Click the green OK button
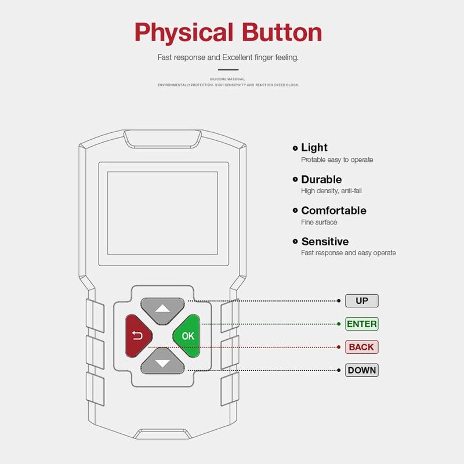click(x=187, y=335)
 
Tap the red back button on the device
click(x=137, y=335)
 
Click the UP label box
click(x=361, y=300)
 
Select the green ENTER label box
click(x=361, y=324)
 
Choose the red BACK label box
click(x=361, y=347)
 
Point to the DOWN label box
click(x=361, y=370)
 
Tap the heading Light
click(x=314, y=148)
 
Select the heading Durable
click(x=321, y=179)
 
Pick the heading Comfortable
click(x=333, y=211)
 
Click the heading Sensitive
click(x=325, y=242)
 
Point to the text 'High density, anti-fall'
click(x=331, y=191)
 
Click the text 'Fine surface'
click(x=319, y=222)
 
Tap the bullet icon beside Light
click(x=295, y=148)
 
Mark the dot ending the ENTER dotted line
click(x=339, y=324)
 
